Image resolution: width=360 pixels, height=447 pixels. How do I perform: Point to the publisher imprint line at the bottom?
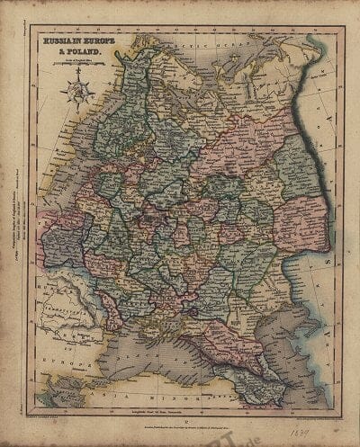[x=180, y=423]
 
